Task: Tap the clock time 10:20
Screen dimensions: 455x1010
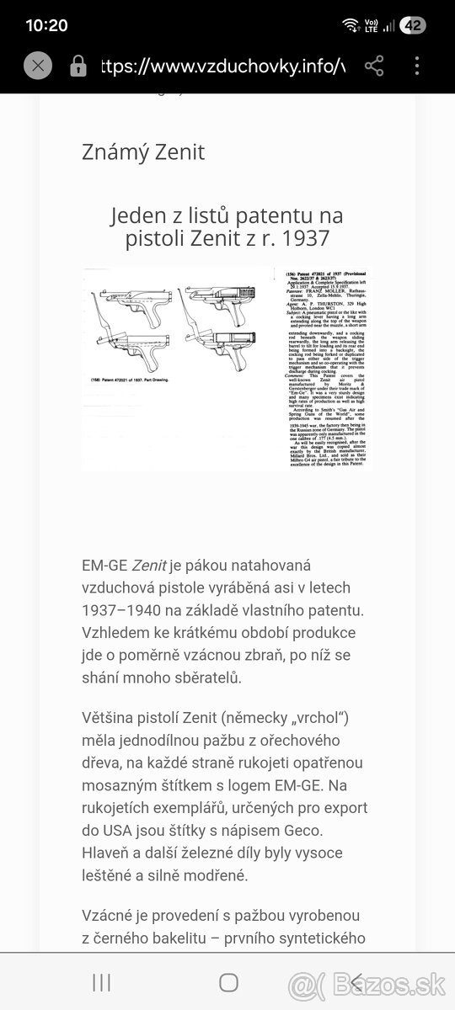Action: [x=46, y=25]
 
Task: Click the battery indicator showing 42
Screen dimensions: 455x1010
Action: [x=413, y=25]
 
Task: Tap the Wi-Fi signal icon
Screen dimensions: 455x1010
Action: [x=351, y=25]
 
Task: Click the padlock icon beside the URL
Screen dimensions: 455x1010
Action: [x=78, y=66]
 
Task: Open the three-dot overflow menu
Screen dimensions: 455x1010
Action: [x=417, y=66]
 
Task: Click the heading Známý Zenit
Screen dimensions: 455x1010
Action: [x=142, y=152]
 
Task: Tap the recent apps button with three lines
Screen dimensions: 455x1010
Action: [x=101, y=982]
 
